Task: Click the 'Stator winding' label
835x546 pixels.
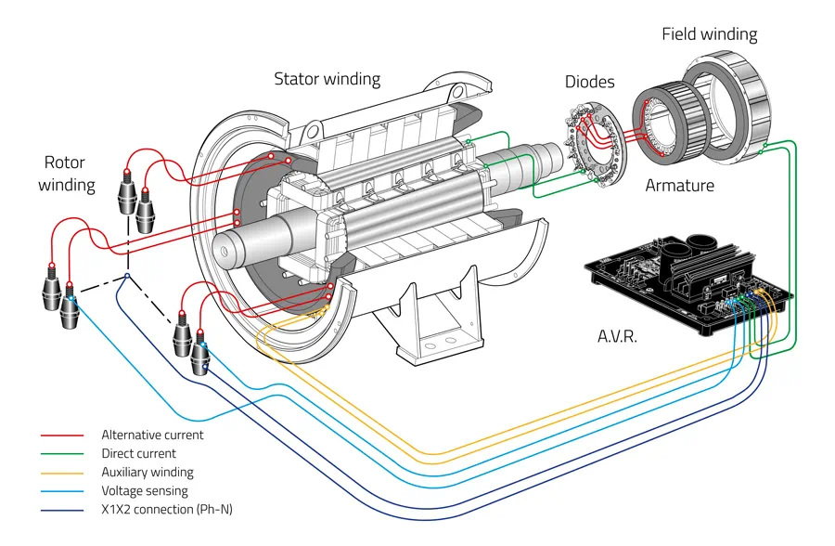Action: coord(327,79)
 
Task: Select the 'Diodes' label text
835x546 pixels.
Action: coord(590,82)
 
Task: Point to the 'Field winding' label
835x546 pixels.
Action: coord(709,34)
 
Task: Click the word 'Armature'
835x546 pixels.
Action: coord(679,186)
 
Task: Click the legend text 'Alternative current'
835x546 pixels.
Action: coord(152,435)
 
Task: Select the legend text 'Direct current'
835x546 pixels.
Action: coord(138,453)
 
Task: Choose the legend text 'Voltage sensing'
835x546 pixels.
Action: coord(144,490)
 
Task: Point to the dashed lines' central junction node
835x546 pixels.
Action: coord(127,276)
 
